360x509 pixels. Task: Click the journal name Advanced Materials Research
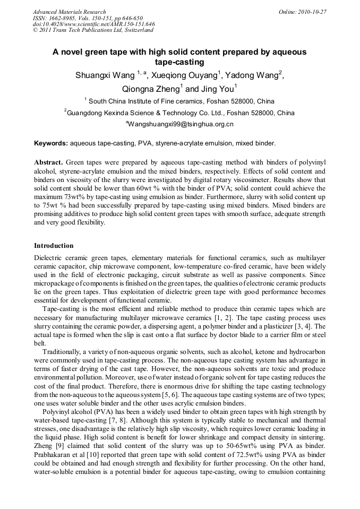click(69, 12)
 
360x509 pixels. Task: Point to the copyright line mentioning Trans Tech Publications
click(93, 30)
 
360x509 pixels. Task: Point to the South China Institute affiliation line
click(181, 101)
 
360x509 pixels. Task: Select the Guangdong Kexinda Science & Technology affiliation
click(180, 113)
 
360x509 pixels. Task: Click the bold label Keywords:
click(51, 143)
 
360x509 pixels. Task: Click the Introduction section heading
click(54, 246)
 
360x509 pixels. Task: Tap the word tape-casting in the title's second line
click(179, 62)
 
